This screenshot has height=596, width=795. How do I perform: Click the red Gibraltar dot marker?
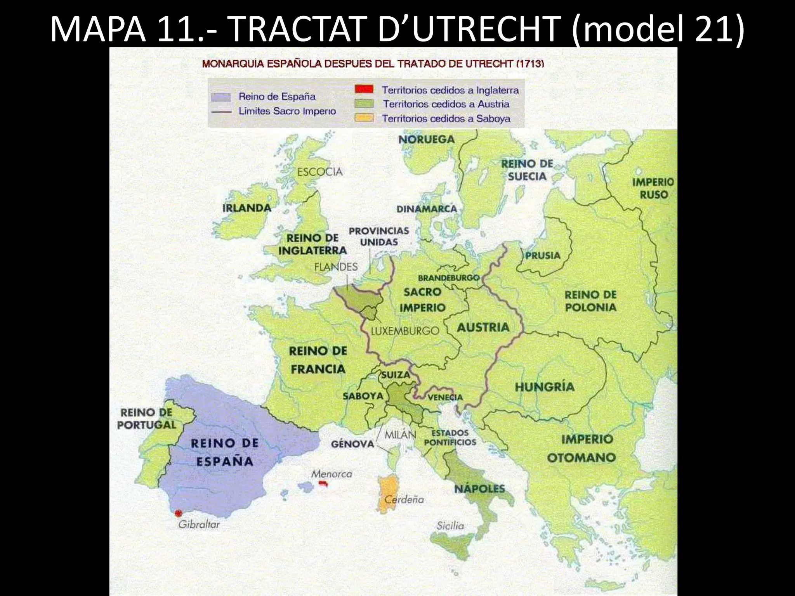(178, 513)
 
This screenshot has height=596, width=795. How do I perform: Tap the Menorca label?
(331, 474)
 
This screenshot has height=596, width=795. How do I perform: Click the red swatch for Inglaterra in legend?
(364, 89)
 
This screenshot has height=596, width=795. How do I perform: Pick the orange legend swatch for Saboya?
(364, 118)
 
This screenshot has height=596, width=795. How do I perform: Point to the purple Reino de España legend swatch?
(221, 97)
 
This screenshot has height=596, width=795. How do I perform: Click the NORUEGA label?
(426, 139)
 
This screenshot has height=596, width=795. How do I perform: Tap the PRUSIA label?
(543, 255)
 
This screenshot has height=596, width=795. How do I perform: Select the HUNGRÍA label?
(544, 386)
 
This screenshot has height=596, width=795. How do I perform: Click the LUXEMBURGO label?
(405, 331)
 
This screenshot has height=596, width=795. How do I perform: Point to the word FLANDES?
(336, 267)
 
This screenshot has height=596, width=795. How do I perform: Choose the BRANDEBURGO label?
(448, 278)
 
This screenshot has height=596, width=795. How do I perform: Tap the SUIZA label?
(395, 375)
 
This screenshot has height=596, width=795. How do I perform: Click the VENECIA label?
(445, 397)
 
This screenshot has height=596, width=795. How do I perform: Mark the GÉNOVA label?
(352, 444)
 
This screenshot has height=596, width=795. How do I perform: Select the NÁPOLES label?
(479, 489)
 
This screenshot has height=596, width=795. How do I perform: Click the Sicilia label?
(450, 526)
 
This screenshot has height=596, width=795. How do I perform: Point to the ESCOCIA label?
(320, 172)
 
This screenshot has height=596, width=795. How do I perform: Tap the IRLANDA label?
(246, 208)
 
